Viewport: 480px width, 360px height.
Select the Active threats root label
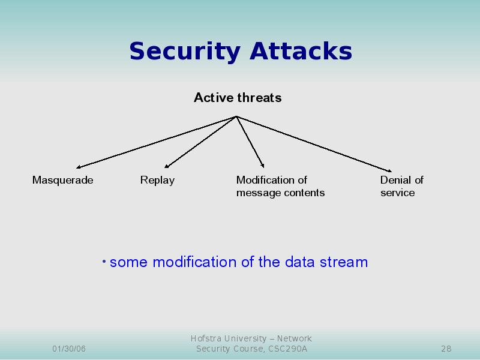click(x=238, y=98)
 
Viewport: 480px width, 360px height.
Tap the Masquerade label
click(x=62, y=180)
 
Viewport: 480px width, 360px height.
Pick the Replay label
click(x=157, y=180)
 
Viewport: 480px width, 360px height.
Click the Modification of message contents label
click(x=280, y=186)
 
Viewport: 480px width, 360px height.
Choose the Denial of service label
click(x=401, y=186)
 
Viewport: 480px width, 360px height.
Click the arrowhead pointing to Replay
click(x=167, y=166)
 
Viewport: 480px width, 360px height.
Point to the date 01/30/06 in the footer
click(x=69, y=349)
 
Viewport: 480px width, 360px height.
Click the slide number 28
click(x=446, y=349)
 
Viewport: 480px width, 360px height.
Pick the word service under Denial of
click(x=397, y=193)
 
